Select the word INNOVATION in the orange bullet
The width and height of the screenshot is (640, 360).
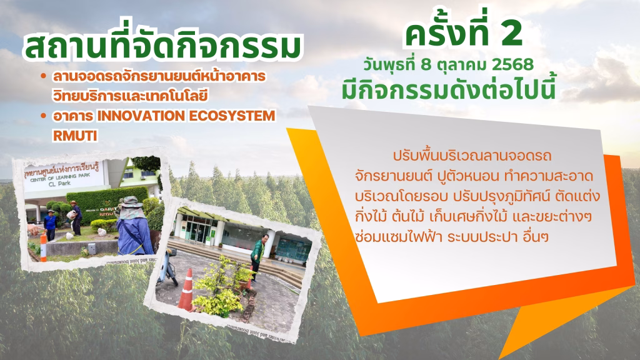pyautogui.click(x=141, y=116)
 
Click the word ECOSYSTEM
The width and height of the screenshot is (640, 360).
pyautogui.click(x=232, y=116)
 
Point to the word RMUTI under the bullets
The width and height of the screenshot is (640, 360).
pyautogui.click(x=75, y=136)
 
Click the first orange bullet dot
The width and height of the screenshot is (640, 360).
pyautogui.click(x=43, y=76)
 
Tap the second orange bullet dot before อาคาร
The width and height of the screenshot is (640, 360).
pyautogui.click(x=43, y=116)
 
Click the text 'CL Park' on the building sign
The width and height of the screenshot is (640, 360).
pyautogui.click(x=59, y=184)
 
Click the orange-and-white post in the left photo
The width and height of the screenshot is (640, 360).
pyautogui.click(x=43, y=247)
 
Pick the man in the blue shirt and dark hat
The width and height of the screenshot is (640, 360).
pyautogui.click(x=50, y=225)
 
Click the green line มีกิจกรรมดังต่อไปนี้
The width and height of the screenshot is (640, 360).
pyautogui.click(x=449, y=89)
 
